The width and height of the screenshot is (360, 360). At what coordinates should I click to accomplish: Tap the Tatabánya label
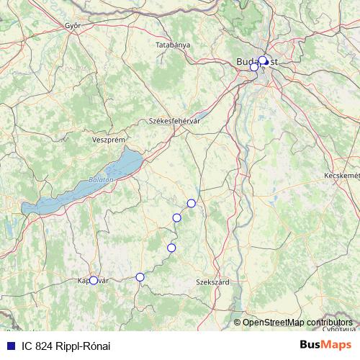pos(173,45)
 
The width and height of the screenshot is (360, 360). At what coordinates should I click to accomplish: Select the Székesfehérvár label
pos(174,122)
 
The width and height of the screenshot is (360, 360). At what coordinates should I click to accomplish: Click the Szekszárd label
pos(212,282)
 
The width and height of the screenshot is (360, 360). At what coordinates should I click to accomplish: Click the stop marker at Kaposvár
pos(93,281)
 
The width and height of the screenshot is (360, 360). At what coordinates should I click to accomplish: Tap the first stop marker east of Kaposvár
pos(140,276)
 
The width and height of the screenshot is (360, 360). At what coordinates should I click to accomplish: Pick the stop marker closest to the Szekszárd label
pos(171,248)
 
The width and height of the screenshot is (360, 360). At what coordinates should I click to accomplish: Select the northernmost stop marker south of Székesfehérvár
pos(191,203)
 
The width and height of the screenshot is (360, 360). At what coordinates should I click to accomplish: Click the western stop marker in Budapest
pos(253,66)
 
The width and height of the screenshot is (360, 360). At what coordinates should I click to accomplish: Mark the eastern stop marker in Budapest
pos(264,60)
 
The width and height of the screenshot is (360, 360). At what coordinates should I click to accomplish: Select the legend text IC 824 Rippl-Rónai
pos(66,346)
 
